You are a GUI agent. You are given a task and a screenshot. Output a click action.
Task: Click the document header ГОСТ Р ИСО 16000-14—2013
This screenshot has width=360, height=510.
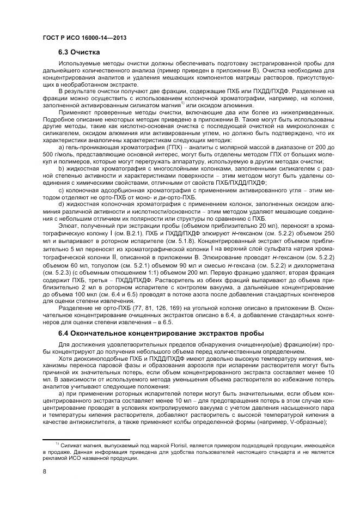click(x=80, y=37)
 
